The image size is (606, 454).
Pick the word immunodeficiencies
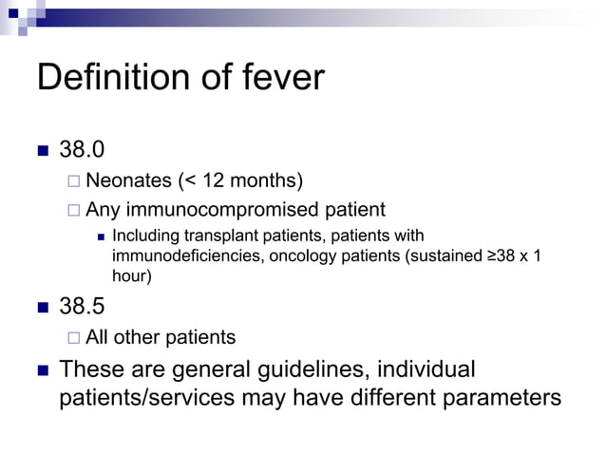pos(180,255)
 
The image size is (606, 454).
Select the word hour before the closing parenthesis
pos(128,275)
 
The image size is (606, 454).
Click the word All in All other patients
pos(97,337)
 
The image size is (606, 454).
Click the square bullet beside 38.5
pos(43,308)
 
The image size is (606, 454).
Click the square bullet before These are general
pos(43,369)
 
